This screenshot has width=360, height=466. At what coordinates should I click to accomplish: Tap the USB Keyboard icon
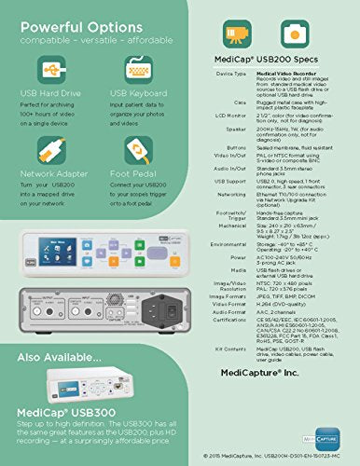tap(129, 68)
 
